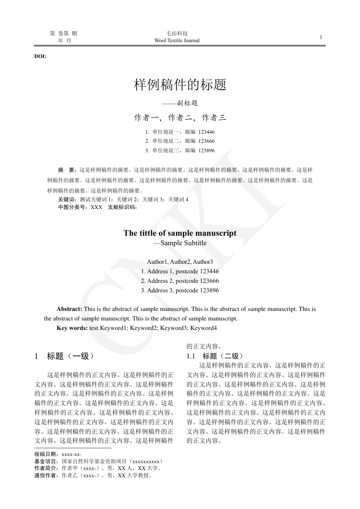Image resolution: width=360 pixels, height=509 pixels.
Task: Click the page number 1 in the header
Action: (x=321, y=37)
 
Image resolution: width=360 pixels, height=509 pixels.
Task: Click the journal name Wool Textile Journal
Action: (x=177, y=41)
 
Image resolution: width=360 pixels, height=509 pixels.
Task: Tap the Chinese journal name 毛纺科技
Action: (x=177, y=34)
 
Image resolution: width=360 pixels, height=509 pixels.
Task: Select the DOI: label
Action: (x=40, y=57)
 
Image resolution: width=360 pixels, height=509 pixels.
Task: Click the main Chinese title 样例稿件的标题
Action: (x=180, y=84)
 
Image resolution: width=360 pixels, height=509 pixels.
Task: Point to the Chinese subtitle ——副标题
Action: (x=180, y=103)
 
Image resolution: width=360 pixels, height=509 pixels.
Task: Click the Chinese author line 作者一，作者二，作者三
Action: (x=180, y=118)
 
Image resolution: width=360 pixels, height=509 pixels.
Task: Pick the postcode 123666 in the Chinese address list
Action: (x=206, y=141)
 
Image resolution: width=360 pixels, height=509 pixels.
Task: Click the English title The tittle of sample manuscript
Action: (x=180, y=233)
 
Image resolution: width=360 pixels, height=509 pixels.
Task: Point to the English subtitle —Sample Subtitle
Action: (x=180, y=243)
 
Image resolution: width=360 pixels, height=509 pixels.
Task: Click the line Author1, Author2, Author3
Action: (x=180, y=262)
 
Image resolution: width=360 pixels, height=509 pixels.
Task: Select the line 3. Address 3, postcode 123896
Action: (x=180, y=290)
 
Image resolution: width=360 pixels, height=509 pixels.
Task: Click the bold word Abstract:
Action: (x=69, y=309)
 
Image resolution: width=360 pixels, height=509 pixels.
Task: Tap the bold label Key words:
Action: (x=72, y=328)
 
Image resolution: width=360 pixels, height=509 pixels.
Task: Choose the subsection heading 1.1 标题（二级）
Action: (x=215, y=356)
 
